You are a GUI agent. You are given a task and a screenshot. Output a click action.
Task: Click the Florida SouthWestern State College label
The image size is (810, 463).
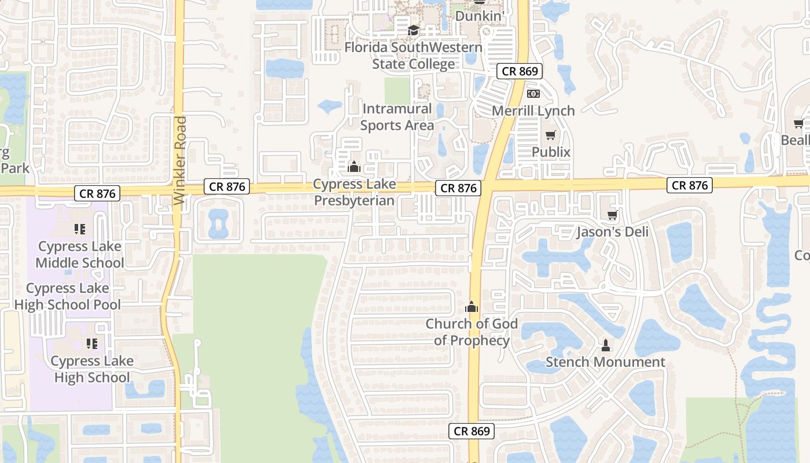pos(413,56)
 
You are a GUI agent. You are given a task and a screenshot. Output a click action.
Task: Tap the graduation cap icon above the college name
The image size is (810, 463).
pos(413,30)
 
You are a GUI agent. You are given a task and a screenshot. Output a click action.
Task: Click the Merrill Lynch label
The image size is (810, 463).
pos(533,111)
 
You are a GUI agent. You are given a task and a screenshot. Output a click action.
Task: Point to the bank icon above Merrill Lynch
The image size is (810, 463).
pos(533,93)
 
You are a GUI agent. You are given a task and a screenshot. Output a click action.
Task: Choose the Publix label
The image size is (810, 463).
pos(551,152)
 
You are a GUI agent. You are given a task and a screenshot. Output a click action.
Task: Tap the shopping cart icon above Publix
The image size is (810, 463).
pos(551,135)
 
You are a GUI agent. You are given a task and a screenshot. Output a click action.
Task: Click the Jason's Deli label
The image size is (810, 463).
pos(612,232)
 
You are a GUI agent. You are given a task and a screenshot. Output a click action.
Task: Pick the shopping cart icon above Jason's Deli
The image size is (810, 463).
pos(612,215)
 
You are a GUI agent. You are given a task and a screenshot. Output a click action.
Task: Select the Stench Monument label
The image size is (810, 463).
pos(606,362)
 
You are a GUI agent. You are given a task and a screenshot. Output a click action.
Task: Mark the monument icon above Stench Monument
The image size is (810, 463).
pos(606,346)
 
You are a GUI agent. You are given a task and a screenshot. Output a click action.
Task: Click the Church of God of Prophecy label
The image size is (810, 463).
pos(472,332)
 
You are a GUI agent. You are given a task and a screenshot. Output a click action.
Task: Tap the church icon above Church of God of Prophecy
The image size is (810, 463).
pos(472,307)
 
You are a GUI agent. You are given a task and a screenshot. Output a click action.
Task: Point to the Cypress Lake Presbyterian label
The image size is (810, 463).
pos(354,192)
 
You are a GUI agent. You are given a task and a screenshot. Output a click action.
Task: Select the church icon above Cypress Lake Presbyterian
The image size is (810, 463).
pos(354,167)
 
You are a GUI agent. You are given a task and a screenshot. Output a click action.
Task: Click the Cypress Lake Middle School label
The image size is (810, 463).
pos(80,255)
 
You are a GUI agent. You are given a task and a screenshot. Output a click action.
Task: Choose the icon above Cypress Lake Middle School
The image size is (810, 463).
pos(80,229)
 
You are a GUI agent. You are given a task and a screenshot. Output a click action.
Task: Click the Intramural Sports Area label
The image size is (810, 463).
pos(397,117)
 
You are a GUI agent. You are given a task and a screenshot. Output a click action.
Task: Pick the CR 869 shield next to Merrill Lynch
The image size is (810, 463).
pos(520,71)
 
